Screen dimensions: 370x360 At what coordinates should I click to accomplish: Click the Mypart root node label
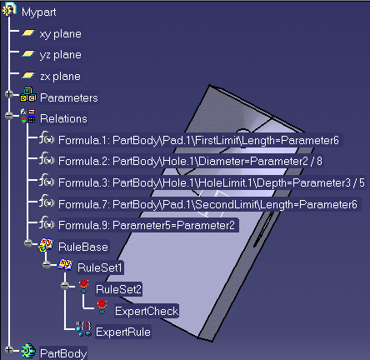39,12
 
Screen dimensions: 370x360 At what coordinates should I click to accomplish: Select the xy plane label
61,34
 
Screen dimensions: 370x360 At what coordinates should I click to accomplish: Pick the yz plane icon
28,53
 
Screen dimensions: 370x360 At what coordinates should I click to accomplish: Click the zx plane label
61,77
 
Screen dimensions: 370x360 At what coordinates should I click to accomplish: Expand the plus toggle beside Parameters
9,94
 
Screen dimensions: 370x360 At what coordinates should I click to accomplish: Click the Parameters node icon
28,94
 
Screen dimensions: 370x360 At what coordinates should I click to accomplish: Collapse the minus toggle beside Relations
9,116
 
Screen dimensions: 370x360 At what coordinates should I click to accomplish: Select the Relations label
63,119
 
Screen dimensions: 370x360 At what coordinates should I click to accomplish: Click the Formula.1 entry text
198,140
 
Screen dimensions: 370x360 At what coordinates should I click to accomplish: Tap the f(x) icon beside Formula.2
47,159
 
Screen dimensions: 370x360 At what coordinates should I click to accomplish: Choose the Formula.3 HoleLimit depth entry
212,182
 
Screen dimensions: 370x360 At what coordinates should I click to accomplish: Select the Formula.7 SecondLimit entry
207,204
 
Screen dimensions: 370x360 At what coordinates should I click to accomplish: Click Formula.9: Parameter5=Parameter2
147,225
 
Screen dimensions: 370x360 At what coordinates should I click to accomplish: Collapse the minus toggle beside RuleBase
28,243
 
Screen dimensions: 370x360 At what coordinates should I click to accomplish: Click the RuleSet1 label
100,267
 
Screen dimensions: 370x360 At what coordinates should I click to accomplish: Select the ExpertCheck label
147,311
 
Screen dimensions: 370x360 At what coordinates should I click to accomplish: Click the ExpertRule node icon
84,329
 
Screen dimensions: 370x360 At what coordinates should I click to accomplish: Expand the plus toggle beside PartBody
9,350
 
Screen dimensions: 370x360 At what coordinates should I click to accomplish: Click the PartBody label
63,353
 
